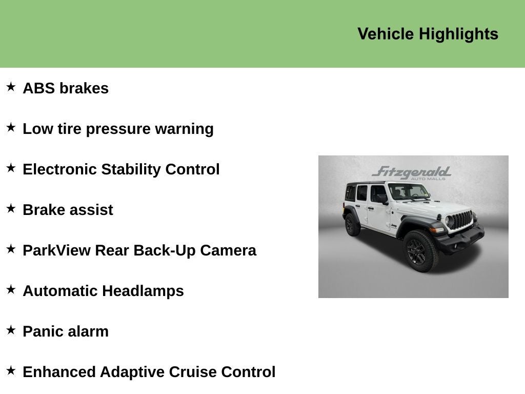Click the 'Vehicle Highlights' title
coord(428,34)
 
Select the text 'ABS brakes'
coord(66,88)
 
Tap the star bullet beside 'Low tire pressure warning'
coord(11,128)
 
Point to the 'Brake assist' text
coord(68,210)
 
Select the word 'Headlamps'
coord(143,291)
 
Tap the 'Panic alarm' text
coord(66,331)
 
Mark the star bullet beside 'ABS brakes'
coord(11,87)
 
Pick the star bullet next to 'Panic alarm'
coord(11,330)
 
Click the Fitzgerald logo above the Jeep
coord(412,172)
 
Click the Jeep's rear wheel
coord(352,225)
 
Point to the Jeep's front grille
coord(460,220)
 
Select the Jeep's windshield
coord(408,192)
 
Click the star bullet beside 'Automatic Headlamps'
coord(11,290)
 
